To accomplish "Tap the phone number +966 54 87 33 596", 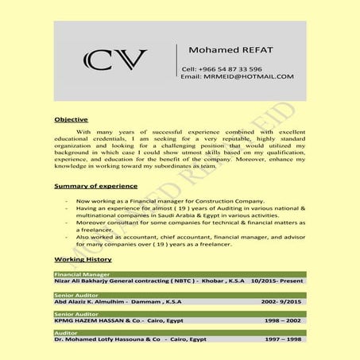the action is click(x=222, y=69).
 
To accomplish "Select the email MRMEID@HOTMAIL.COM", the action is click(x=237, y=77).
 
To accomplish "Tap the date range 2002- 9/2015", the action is click(x=282, y=300).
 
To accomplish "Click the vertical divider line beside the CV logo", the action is click(x=176, y=61).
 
